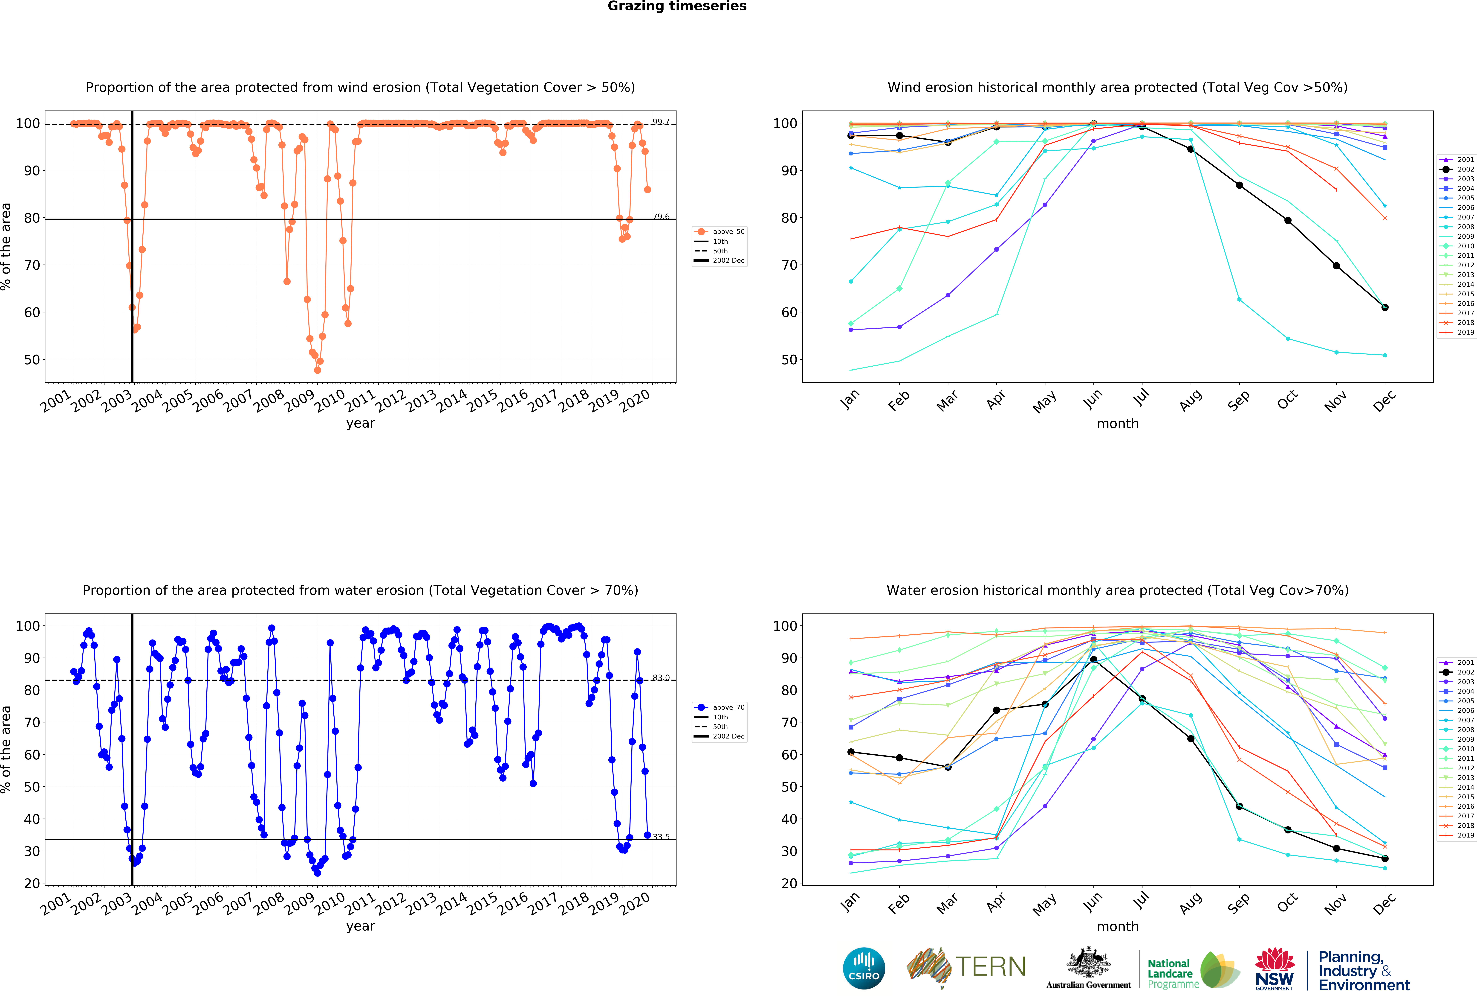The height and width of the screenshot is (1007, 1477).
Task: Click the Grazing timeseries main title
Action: click(x=677, y=6)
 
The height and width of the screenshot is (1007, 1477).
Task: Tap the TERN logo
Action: click(x=966, y=967)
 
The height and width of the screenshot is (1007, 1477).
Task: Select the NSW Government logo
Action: click(x=1274, y=969)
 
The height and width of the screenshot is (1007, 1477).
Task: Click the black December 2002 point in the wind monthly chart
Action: click(x=1385, y=307)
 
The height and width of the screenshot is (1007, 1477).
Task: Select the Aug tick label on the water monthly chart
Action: click(x=1190, y=903)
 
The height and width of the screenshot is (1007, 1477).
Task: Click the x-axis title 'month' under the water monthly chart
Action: click(x=1117, y=926)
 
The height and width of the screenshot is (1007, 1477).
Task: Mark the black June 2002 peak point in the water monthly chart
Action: click(x=1093, y=659)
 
